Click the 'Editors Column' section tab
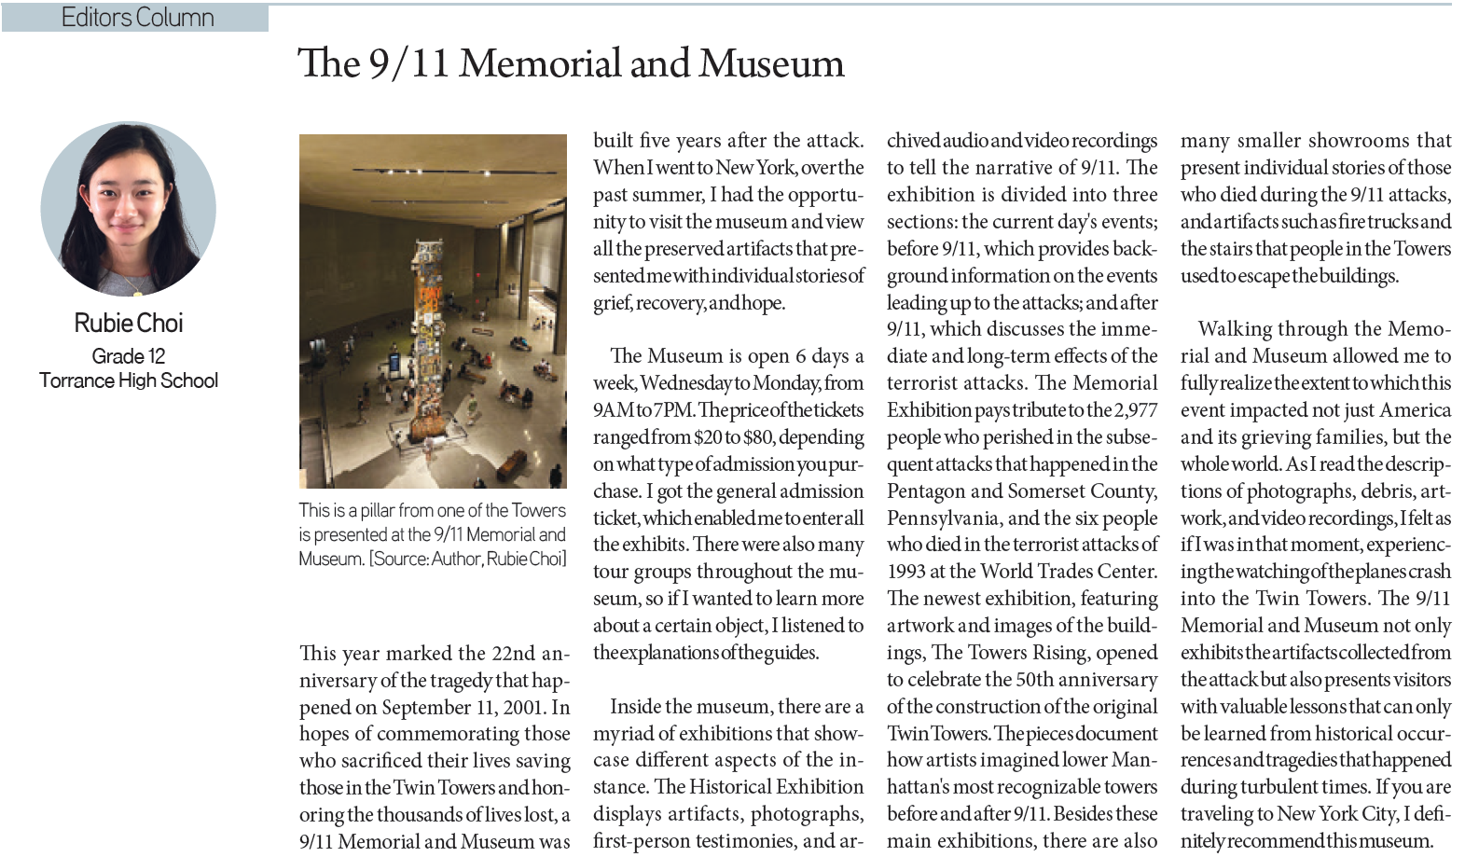click(137, 18)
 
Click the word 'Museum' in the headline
click(771, 63)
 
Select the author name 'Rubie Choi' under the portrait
click(129, 324)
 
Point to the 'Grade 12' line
click(129, 356)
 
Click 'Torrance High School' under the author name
click(129, 380)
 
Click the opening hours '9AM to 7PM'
click(643, 410)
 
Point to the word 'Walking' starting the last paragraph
click(1231, 329)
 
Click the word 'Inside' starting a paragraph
click(638, 707)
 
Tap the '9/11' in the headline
click(408, 63)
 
